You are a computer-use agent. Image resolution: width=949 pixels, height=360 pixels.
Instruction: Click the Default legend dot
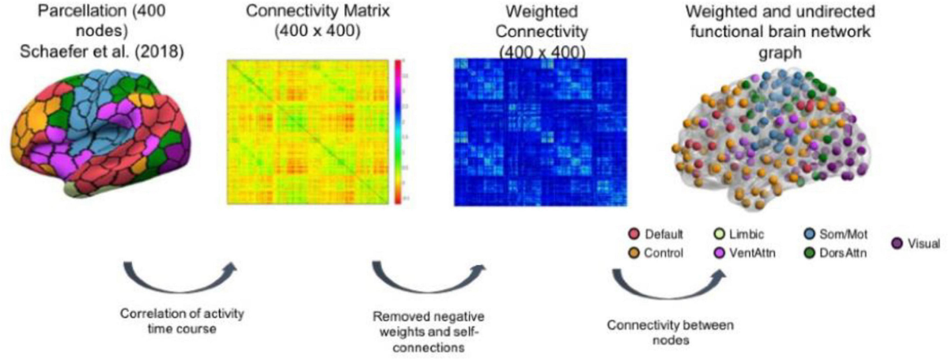tap(633, 236)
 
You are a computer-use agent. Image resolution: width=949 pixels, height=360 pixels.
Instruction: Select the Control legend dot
tap(633, 253)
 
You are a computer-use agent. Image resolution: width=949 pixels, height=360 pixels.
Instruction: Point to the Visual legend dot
tap(898, 244)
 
